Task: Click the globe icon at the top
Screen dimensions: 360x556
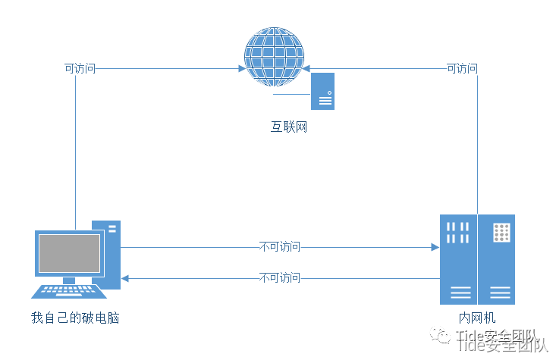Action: pos(272,57)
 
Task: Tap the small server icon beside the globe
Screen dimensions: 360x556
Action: pos(323,92)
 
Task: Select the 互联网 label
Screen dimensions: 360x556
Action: pos(289,127)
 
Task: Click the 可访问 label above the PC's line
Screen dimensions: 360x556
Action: pos(80,68)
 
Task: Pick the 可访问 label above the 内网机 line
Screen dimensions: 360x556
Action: pos(462,68)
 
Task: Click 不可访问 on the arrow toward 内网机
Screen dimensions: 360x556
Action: pos(279,247)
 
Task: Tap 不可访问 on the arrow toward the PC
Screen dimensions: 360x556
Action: pos(279,278)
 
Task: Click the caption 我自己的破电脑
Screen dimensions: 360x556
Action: pos(75,318)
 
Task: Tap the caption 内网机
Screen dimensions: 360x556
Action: pos(477,318)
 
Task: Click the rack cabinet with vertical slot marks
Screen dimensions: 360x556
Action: pos(458,259)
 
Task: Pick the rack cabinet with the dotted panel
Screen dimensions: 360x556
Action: pos(496,259)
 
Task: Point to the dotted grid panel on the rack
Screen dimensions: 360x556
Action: pos(501,233)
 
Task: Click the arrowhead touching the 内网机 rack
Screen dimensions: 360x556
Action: pos(435,247)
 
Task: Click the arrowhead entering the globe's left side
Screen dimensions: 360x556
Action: pos(241,68)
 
